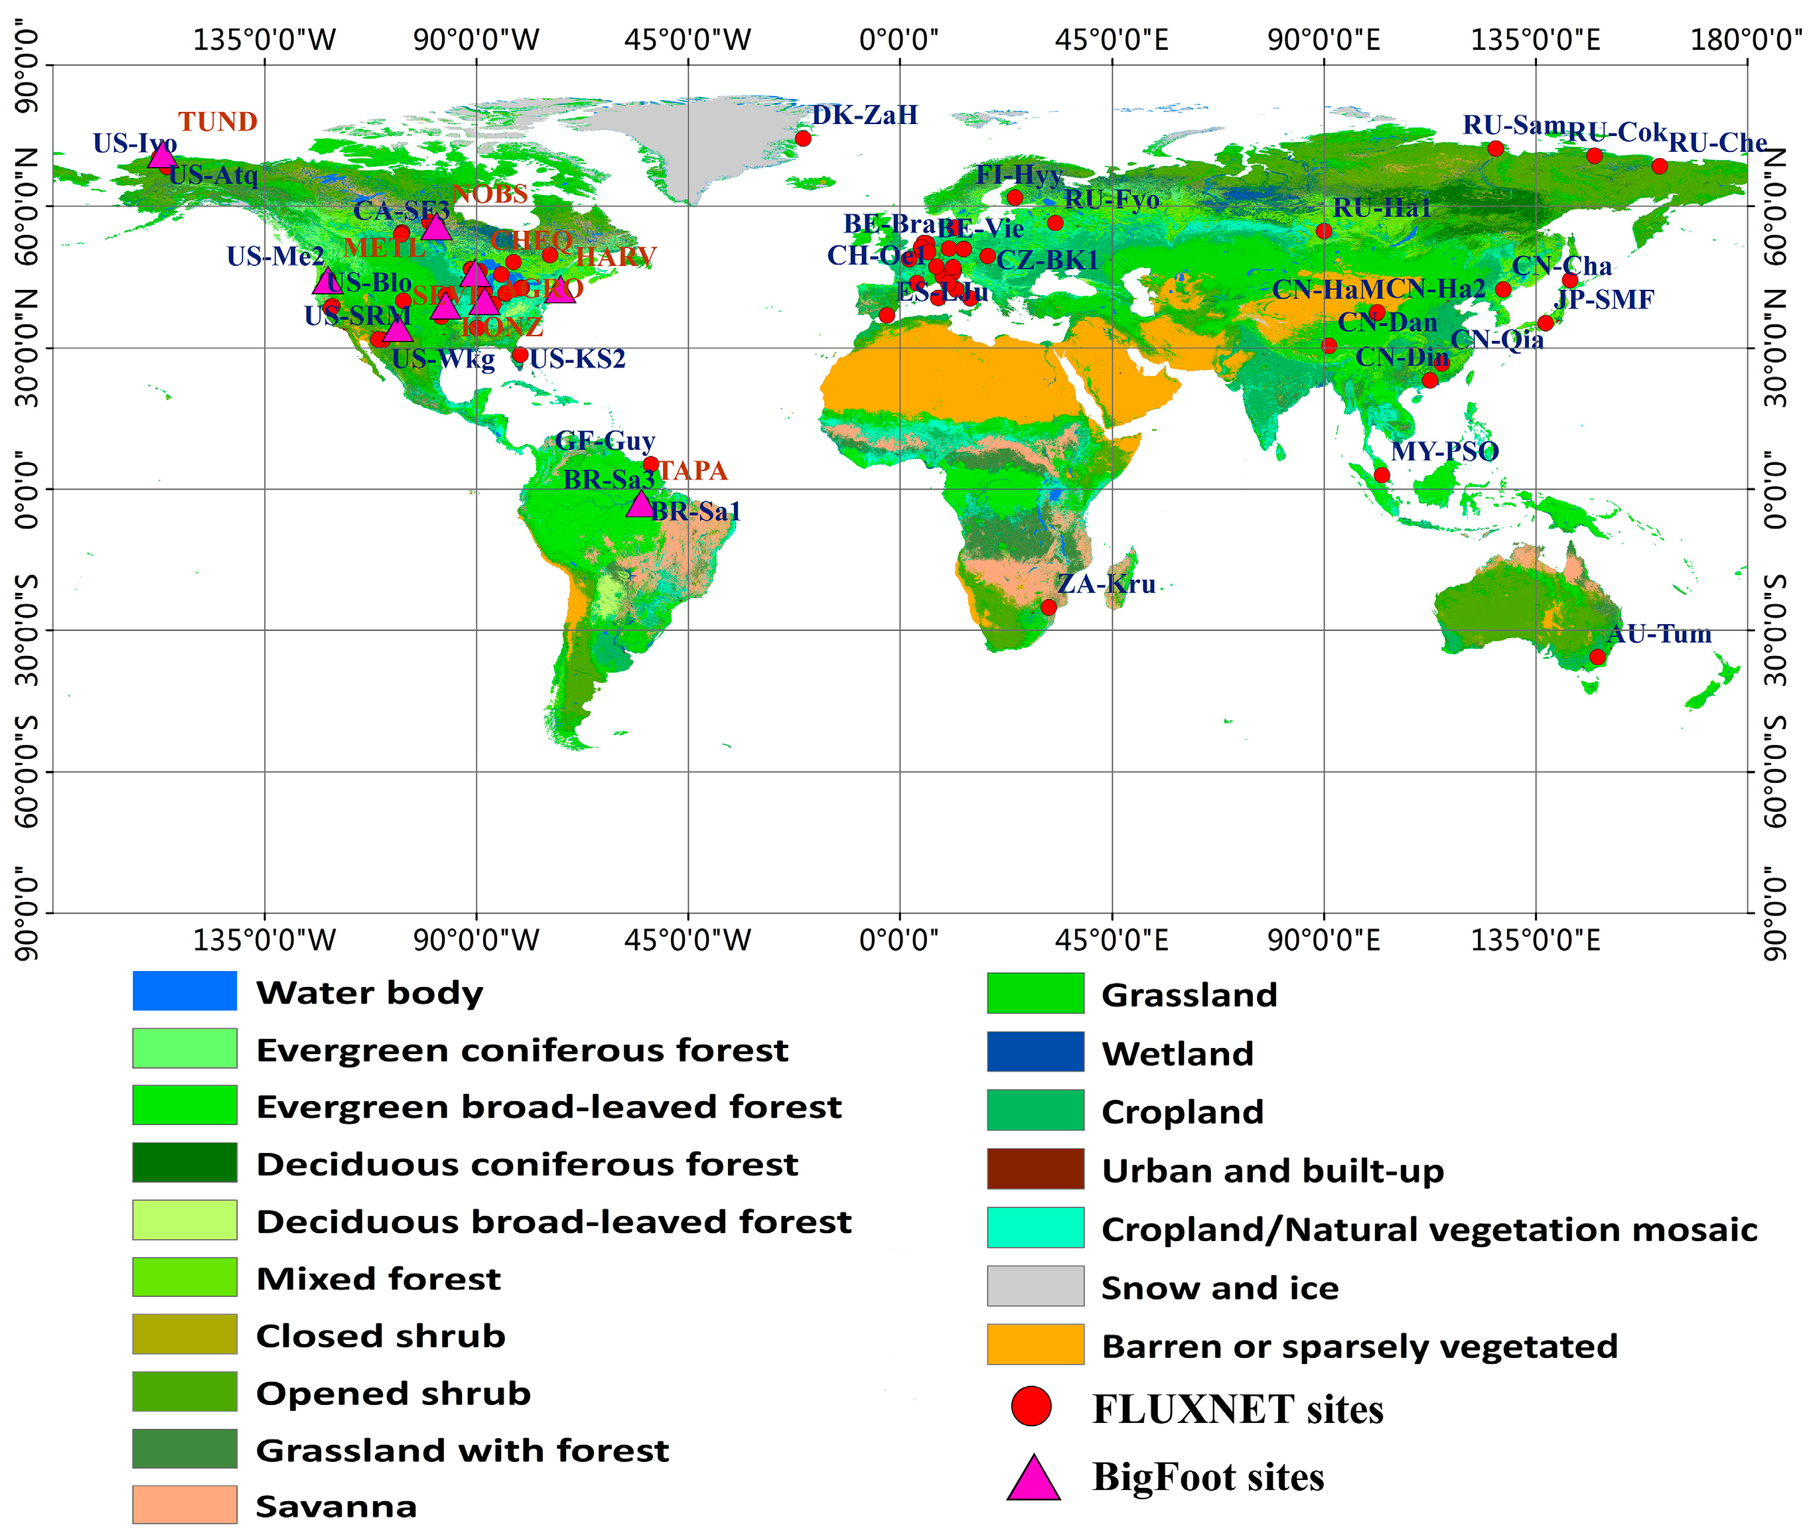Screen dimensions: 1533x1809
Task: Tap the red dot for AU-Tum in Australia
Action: (x=1597, y=657)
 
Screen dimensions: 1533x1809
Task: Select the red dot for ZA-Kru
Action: (x=1049, y=608)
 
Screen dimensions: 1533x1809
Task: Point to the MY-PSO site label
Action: (x=1444, y=452)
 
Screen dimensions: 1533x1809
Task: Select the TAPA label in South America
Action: (x=692, y=471)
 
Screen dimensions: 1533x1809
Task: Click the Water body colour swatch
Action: (x=184, y=991)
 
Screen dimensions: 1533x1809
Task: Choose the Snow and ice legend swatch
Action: (x=1035, y=1286)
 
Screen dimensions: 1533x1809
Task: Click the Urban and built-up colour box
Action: (x=1035, y=1169)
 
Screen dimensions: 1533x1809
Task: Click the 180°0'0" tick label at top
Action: (x=1745, y=40)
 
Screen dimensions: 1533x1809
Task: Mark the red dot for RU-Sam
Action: (x=1495, y=149)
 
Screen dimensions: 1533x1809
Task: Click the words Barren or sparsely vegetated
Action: (x=1358, y=1346)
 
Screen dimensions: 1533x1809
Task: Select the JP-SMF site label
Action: (x=1604, y=300)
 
